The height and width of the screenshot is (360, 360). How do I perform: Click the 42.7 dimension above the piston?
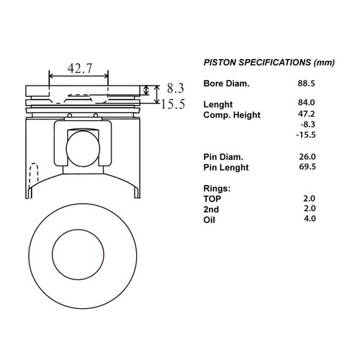point(80,68)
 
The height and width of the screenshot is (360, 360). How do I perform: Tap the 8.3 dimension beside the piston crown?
point(176,88)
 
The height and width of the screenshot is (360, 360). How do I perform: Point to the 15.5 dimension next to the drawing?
point(173,104)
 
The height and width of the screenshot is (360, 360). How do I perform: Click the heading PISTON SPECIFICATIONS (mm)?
point(269,63)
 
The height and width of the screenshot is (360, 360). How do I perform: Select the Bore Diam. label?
point(226,84)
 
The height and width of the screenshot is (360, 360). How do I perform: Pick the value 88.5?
point(306,84)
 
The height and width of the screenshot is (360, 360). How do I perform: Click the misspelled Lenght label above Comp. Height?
point(218,104)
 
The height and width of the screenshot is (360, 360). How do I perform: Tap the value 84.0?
point(306,102)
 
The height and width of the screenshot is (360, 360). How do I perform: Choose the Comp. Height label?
point(232,115)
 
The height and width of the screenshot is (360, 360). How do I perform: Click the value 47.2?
point(306,114)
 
